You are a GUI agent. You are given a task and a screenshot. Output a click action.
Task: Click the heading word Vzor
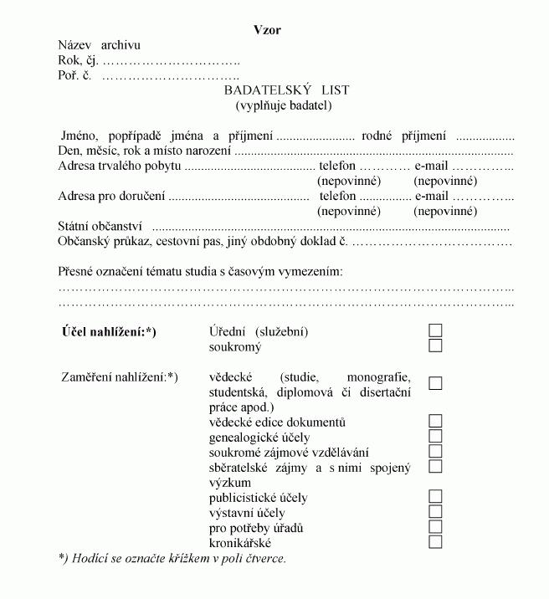point(267,30)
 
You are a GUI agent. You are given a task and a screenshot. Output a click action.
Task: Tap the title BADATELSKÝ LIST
point(286,90)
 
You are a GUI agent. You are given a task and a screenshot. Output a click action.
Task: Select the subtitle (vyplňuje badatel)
point(284,105)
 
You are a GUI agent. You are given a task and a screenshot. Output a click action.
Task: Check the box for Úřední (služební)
point(435,330)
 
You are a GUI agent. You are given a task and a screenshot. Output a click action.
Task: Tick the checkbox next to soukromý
point(435,346)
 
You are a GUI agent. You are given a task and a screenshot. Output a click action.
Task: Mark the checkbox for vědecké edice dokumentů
point(435,421)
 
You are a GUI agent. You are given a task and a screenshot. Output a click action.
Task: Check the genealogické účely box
point(435,436)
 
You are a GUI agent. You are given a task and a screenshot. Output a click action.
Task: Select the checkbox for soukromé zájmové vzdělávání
point(435,451)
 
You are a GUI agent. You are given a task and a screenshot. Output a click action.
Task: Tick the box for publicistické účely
point(435,496)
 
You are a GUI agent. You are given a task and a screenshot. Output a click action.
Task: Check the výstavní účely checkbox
point(435,511)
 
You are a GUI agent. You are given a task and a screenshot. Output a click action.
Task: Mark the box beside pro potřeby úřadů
point(435,526)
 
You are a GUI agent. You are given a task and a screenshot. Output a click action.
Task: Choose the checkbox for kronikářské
point(435,541)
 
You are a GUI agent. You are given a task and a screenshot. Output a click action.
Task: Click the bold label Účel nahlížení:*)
point(109,332)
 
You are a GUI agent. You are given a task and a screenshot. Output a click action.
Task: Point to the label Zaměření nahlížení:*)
point(120,377)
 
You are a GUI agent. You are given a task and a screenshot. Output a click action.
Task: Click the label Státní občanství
point(100,226)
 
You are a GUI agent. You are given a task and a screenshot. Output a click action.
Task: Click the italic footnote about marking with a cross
point(172,558)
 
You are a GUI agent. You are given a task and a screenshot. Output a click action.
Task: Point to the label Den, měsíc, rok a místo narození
point(144,151)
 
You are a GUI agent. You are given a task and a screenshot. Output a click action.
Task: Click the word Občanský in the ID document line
point(84,241)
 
